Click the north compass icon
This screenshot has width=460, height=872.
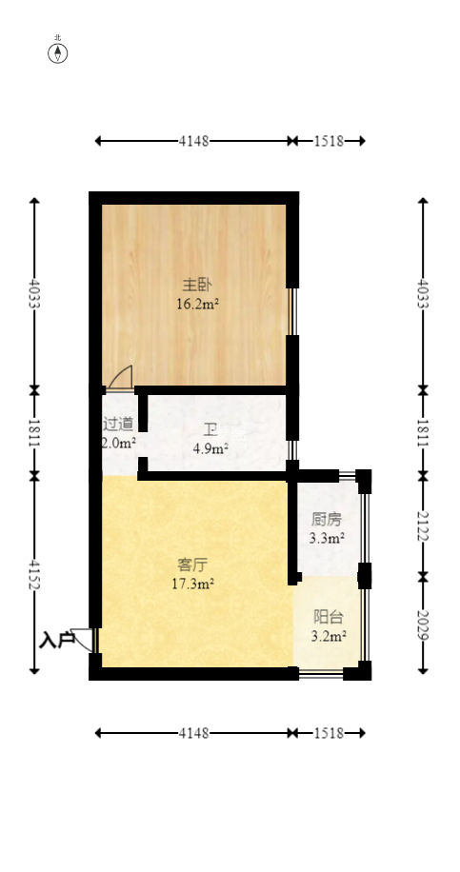[58, 52]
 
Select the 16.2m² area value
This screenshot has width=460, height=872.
[197, 305]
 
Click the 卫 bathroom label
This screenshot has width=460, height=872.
[210, 428]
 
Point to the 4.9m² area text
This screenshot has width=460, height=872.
[211, 449]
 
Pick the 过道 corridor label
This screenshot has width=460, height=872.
[118, 423]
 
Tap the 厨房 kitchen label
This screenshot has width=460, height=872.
[326, 520]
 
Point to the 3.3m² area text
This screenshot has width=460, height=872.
[327, 539]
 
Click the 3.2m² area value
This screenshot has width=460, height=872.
[328, 635]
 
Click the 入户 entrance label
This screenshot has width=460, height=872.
[56, 641]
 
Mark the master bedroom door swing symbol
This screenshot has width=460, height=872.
[121, 378]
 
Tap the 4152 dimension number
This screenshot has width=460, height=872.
[35, 574]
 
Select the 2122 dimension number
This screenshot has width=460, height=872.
[423, 525]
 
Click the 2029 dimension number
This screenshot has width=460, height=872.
[423, 625]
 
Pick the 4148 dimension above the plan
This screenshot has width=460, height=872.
[193, 141]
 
